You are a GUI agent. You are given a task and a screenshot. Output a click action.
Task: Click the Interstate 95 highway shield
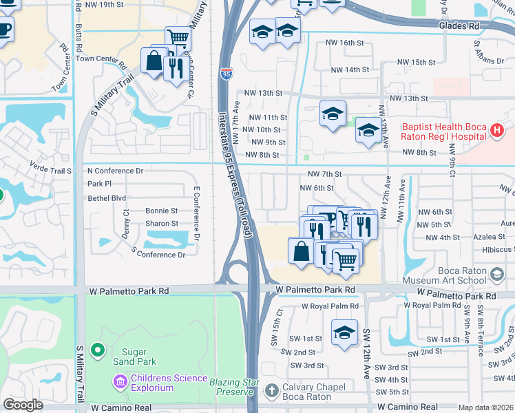click(x=227, y=72)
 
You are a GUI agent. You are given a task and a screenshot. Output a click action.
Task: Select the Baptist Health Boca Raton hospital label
click(x=444, y=131)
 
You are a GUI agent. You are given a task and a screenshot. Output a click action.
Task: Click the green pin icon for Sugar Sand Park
click(x=98, y=350)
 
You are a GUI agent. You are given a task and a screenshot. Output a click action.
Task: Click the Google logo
click(x=23, y=405)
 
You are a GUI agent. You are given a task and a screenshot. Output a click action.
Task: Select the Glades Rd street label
click(x=458, y=26)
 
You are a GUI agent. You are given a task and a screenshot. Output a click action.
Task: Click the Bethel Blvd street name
click(x=107, y=197)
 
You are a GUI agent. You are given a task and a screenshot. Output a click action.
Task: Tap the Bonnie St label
click(x=161, y=211)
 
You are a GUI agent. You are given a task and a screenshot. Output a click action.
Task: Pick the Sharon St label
click(x=161, y=224)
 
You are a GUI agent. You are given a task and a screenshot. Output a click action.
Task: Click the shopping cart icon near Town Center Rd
click(x=178, y=37)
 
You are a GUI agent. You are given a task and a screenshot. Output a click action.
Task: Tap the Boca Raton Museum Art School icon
click(x=496, y=275)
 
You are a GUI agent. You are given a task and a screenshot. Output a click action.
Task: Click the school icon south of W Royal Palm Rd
click(x=344, y=332)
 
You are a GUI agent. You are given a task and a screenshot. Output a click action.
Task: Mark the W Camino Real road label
click(x=120, y=407)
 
